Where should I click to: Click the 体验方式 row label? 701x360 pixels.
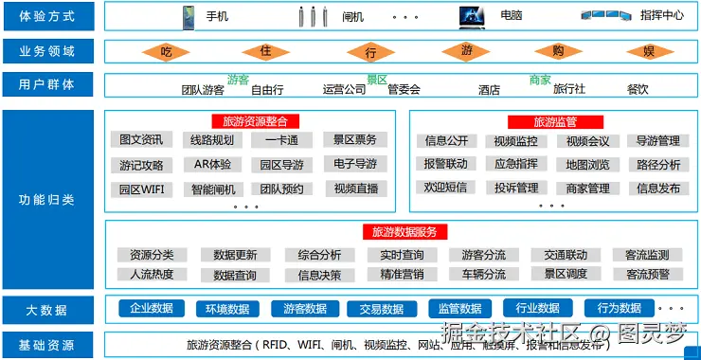[x=47, y=16]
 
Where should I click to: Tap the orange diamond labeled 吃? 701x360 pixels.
[x=167, y=51]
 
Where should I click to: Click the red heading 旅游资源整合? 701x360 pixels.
[x=255, y=120]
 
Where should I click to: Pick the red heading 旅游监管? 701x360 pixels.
[x=555, y=121]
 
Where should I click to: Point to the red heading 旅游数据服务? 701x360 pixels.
[x=404, y=231]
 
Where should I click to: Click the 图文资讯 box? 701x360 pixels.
[x=141, y=140]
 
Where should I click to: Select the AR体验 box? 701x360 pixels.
[x=212, y=164]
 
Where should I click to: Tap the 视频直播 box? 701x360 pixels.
[x=355, y=189]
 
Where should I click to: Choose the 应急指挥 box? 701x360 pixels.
[x=516, y=164]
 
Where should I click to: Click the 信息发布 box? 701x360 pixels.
[x=658, y=189]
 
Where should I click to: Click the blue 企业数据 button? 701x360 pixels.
[x=152, y=308]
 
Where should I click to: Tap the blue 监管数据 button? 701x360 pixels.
[x=460, y=308]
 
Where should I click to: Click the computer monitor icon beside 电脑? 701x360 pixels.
[x=473, y=16]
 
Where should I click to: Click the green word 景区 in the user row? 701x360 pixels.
[x=377, y=81]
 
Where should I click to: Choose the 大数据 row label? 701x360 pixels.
[x=47, y=309]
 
